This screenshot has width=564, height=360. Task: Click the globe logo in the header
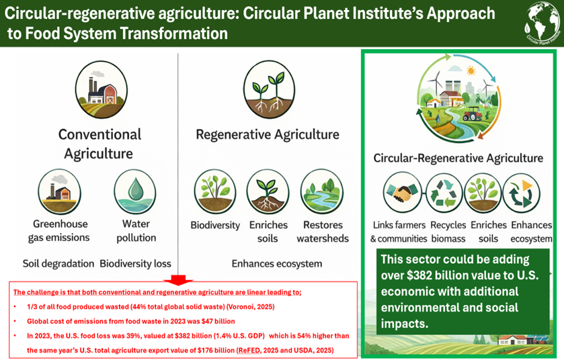coord(542,23)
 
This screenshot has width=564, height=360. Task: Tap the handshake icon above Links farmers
coord(402,193)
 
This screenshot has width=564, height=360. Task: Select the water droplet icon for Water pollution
coord(135,192)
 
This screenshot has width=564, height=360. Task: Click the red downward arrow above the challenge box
coord(178,279)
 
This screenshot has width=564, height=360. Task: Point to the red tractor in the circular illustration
coord(473,114)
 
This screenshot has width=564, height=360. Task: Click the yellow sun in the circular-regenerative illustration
coord(471,71)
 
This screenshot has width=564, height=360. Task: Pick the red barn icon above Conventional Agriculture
coord(102,90)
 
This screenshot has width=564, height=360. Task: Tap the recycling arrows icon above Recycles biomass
coord(444,193)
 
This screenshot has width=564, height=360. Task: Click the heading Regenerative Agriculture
coord(268,135)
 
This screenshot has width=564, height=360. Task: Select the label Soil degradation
coord(58,264)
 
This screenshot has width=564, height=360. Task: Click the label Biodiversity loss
coord(135,264)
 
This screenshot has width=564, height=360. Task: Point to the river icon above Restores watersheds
coord(322,192)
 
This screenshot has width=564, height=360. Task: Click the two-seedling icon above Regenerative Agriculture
coord(269,89)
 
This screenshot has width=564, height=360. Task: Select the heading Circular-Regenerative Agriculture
coord(458,158)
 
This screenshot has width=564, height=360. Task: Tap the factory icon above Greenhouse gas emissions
coord(59,192)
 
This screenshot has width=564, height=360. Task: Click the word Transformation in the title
coord(173,34)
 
